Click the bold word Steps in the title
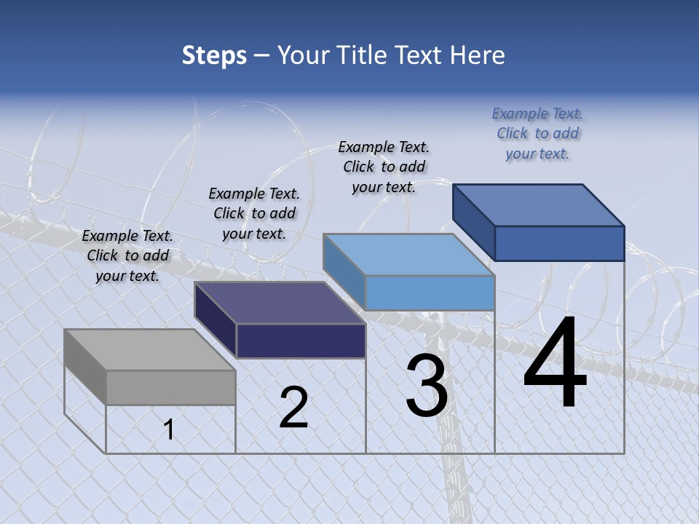[214, 55]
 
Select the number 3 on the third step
[427, 386]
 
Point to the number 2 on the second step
[294, 408]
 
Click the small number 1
[169, 430]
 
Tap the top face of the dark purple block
[280, 302]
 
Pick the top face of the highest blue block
[539, 205]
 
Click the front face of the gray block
[171, 387]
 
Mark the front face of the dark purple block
[301, 341]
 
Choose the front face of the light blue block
[430, 293]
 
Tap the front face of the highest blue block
[559, 243]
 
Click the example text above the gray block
[127, 255]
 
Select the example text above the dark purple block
[254, 213]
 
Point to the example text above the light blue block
[384, 167]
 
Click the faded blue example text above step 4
[537, 133]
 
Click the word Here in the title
[478, 55]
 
